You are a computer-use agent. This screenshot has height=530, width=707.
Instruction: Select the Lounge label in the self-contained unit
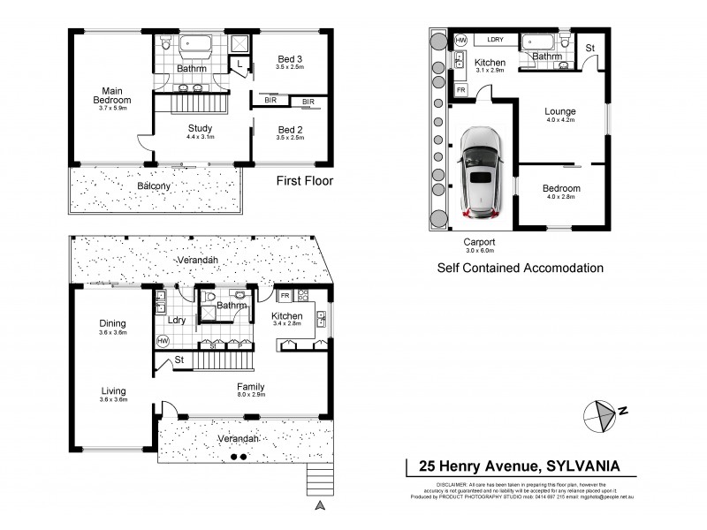tap(560, 111)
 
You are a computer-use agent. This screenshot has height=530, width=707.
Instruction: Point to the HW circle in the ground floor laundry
tap(163, 340)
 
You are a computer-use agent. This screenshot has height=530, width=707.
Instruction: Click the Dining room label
tap(112, 323)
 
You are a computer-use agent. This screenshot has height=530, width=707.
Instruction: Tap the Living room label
tap(112, 390)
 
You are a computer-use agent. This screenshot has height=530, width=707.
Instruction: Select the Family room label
tap(250, 387)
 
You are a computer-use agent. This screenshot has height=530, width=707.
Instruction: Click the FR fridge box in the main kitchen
tap(285, 297)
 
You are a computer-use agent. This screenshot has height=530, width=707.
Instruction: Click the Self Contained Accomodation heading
tap(521, 267)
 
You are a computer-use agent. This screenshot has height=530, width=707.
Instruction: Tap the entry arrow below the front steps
tap(320, 505)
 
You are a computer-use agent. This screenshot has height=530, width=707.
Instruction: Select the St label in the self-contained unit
tap(589, 48)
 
